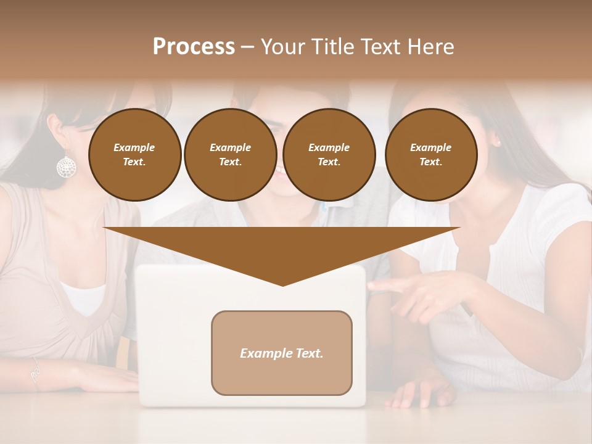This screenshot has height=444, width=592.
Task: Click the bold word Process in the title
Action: click(194, 47)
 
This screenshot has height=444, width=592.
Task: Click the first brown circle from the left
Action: click(134, 155)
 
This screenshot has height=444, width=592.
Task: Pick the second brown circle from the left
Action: click(230, 155)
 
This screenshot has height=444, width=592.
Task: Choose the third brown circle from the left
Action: click(329, 155)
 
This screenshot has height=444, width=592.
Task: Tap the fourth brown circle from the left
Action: click(430, 155)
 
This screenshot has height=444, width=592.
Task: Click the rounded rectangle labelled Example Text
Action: click(282, 353)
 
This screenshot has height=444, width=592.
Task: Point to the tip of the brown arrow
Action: click(282, 284)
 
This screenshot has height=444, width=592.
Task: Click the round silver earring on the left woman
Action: click(67, 166)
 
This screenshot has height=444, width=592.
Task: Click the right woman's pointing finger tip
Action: click(372, 286)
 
